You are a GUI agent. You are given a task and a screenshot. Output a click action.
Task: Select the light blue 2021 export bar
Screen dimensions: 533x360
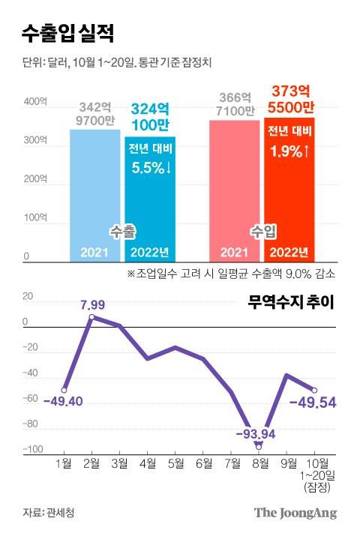click(95, 195)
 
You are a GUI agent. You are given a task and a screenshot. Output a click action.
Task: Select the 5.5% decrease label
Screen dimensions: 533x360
click(151, 168)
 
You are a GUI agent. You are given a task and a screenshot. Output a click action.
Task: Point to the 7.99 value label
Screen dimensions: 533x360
click(92, 304)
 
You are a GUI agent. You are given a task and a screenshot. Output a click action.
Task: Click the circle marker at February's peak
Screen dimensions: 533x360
click(91, 317)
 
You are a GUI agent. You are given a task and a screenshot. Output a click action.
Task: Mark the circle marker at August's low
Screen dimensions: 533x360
click(259, 446)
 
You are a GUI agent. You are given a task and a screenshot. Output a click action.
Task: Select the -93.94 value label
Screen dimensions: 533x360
click(257, 433)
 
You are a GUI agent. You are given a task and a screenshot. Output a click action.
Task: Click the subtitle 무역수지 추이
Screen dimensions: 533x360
click(290, 303)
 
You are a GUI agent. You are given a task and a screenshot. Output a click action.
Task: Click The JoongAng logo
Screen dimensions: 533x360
click(295, 513)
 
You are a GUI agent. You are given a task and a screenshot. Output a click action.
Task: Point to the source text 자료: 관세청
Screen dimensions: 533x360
click(49, 513)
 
